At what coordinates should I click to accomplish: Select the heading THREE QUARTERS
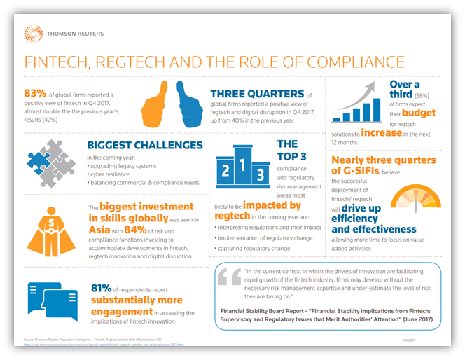point(258,92)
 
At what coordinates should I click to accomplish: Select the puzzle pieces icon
point(50,162)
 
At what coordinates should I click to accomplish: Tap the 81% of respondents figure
point(102,288)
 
